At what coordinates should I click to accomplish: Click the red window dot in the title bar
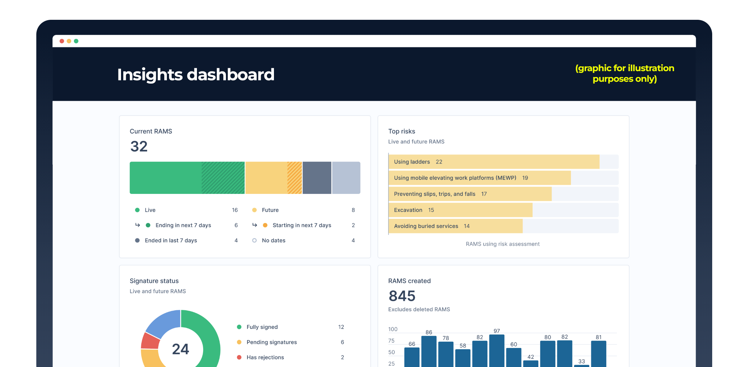[x=62, y=41]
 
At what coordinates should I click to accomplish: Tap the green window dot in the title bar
[x=76, y=41]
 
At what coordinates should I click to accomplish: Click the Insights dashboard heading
[x=196, y=74]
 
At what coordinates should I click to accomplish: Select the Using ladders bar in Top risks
[x=494, y=162]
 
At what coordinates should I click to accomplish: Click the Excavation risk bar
[x=461, y=210]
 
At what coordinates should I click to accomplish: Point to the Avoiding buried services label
[x=426, y=226]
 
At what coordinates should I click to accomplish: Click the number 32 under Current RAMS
[x=139, y=147]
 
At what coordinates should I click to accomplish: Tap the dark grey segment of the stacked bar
[x=317, y=178]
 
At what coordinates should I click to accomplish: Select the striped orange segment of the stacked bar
[x=294, y=178]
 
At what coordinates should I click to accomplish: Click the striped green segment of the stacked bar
[x=223, y=178]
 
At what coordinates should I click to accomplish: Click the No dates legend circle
[x=255, y=241]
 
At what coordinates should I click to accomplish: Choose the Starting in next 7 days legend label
[x=302, y=225]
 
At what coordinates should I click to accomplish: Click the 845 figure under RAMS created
[x=402, y=296]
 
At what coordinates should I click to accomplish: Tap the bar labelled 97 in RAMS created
[x=497, y=351]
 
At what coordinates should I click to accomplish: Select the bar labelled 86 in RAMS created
[x=429, y=351]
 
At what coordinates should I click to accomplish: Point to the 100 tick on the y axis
[x=393, y=329]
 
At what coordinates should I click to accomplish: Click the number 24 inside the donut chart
[x=180, y=349]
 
